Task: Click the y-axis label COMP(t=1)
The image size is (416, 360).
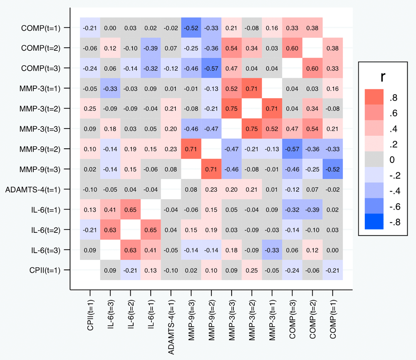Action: (x=41, y=28)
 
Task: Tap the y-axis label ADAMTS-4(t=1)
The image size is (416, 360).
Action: (x=33, y=190)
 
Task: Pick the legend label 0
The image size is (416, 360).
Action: (x=393, y=160)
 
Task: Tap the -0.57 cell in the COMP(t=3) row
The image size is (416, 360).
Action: (x=211, y=68)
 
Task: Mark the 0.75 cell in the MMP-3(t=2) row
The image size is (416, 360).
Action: (x=232, y=108)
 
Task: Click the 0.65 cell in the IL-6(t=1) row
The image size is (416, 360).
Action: (x=131, y=210)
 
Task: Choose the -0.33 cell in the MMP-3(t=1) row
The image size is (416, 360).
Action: (x=110, y=88)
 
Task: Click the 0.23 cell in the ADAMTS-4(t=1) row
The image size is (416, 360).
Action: (x=211, y=190)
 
